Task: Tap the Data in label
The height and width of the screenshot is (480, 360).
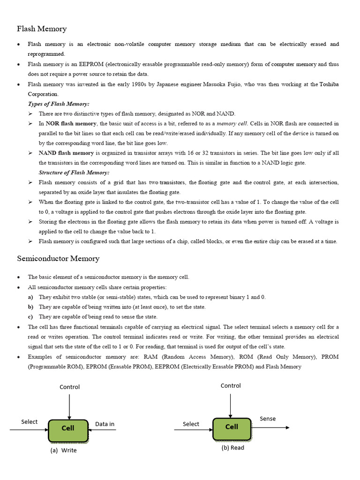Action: click(105, 424)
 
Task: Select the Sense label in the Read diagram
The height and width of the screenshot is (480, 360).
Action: click(268, 419)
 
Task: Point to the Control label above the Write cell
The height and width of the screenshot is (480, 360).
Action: click(69, 387)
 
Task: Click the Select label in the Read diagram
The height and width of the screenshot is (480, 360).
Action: click(191, 424)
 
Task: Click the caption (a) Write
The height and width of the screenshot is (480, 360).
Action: click(63, 450)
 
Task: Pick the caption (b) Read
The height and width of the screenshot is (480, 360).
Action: click(233, 448)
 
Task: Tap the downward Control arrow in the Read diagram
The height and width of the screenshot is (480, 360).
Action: click(231, 404)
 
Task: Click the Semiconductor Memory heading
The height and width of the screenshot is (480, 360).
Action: click(58, 258)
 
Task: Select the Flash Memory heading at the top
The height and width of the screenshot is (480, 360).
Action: click(42, 29)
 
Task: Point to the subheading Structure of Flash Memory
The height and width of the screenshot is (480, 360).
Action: click(74, 173)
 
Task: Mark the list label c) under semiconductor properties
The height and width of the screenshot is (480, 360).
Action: click(30, 317)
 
